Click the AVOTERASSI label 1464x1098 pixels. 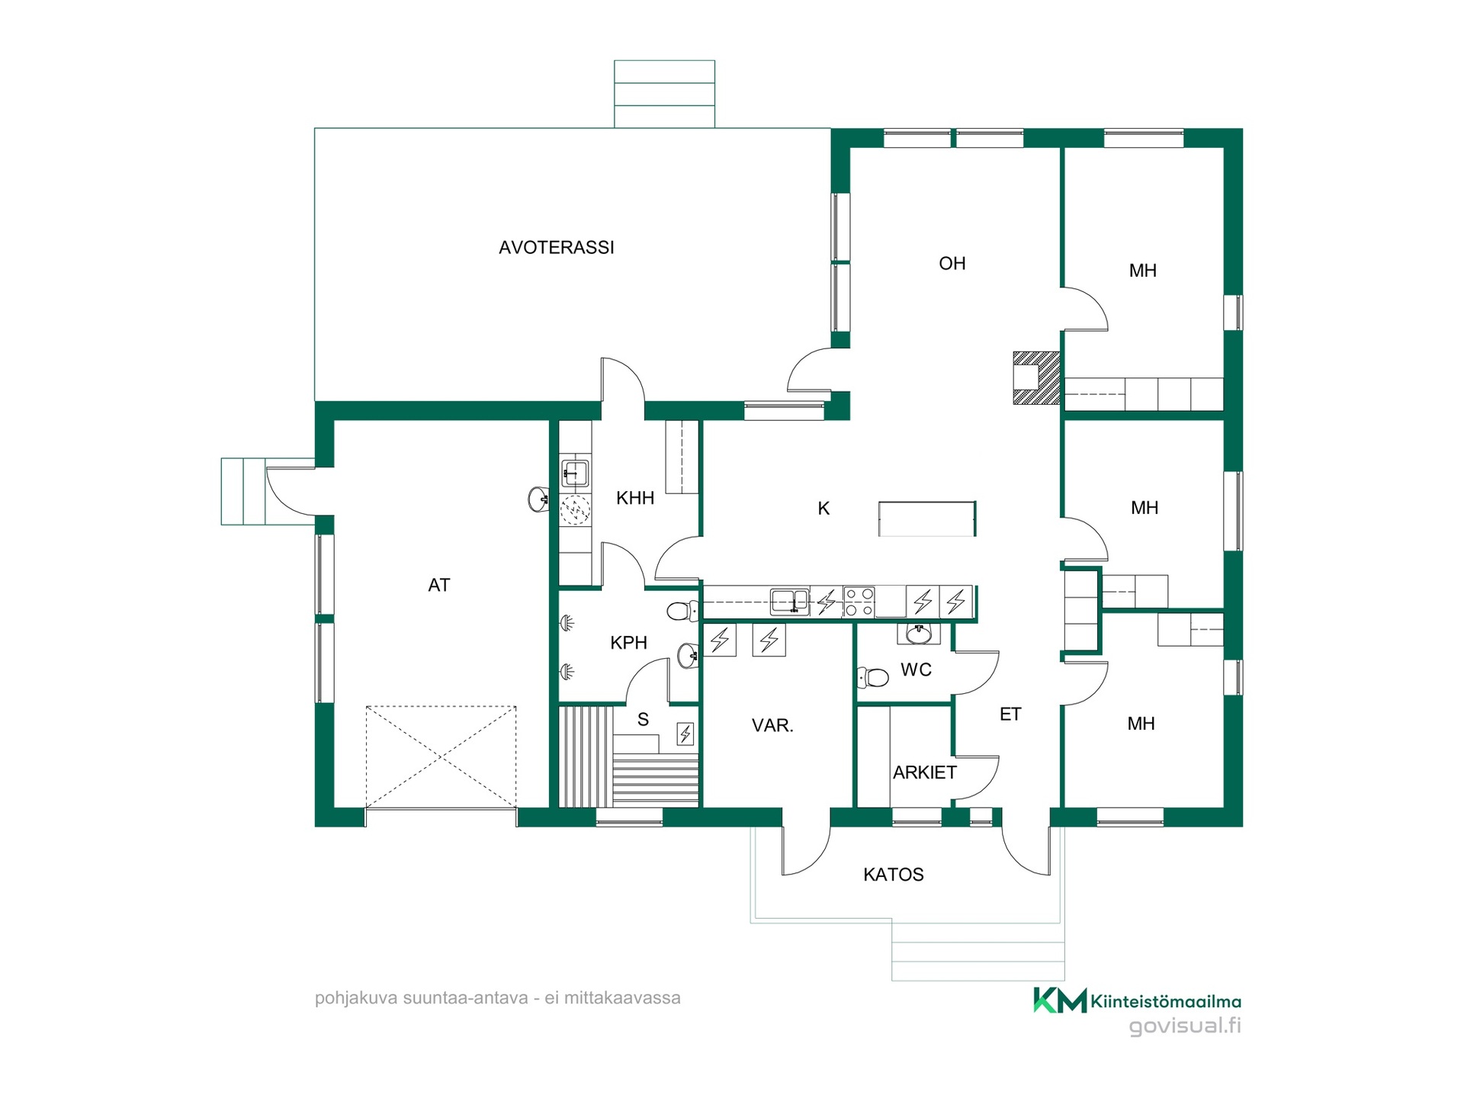point(556,247)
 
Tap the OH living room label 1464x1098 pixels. point(952,264)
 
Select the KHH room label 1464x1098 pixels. point(635,499)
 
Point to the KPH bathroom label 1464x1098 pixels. point(629,643)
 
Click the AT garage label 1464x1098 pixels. point(439,585)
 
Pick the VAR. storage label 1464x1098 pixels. point(772,725)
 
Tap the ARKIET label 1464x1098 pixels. point(925,772)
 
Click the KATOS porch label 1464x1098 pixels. point(894,875)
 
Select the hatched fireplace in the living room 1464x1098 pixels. point(1036,377)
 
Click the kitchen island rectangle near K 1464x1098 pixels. point(927,518)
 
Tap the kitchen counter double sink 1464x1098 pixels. point(789,602)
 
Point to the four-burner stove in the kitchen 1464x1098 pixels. point(859,602)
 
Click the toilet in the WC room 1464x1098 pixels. point(873,677)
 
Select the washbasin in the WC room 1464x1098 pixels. point(919,634)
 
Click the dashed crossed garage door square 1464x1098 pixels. point(441,756)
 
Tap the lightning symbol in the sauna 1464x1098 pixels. point(685,734)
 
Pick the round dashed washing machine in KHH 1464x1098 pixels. point(576,509)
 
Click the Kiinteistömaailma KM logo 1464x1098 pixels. point(1137,1000)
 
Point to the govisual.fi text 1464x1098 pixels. point(1185,1026)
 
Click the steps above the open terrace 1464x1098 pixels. point(664,94)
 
